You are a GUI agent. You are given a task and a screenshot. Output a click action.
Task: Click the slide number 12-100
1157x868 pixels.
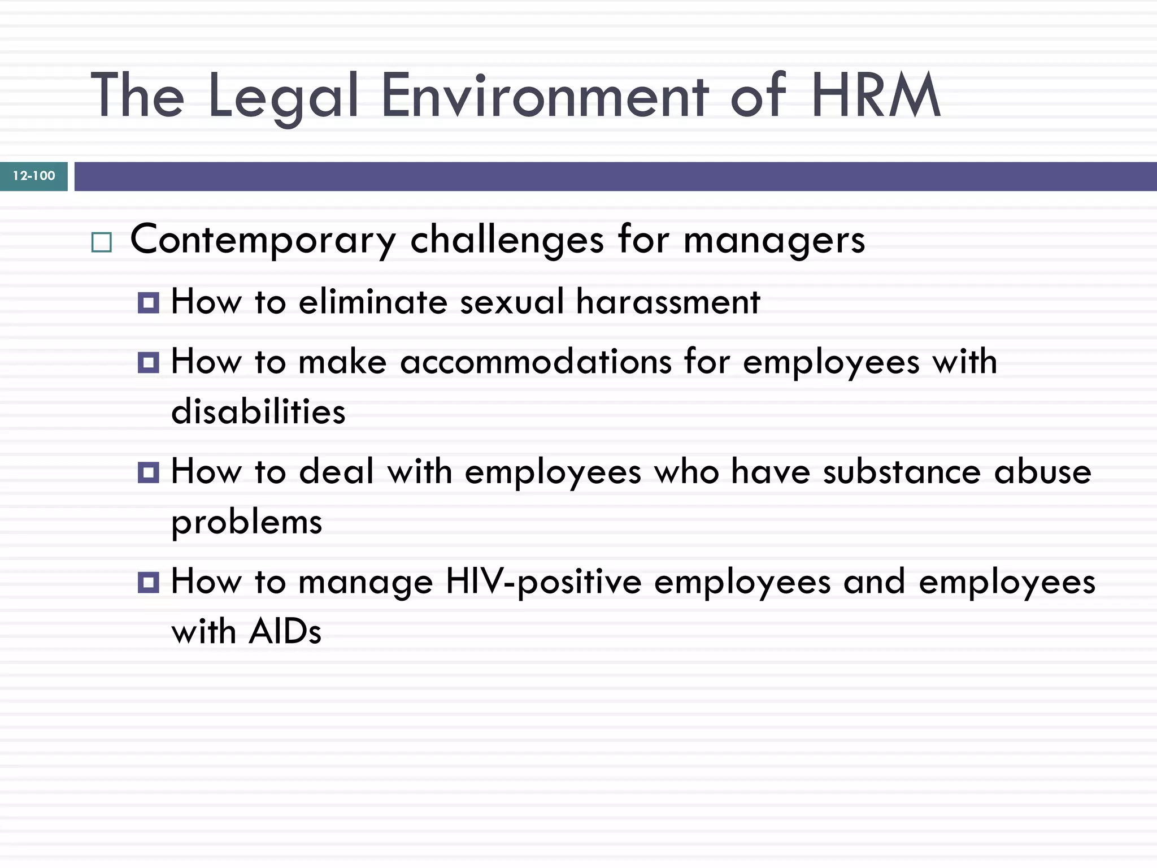34,176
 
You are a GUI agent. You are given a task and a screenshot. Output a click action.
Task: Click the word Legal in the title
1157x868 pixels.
284,96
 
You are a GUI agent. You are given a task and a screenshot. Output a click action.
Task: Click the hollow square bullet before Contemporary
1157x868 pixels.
102,242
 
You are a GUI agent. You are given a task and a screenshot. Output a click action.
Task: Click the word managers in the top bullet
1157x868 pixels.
774,240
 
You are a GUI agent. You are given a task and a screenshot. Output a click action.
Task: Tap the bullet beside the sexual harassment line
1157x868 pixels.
149,303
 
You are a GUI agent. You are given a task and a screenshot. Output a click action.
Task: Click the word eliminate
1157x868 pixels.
373,301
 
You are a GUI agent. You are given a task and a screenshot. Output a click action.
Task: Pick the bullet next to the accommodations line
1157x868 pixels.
149,362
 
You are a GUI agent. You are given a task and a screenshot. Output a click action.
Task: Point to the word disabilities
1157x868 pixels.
258,411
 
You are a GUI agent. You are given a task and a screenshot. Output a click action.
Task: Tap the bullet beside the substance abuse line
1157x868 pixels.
149,472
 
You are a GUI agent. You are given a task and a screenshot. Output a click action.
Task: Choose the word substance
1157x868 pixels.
902,472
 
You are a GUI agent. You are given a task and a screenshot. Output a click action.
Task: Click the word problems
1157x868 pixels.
247,522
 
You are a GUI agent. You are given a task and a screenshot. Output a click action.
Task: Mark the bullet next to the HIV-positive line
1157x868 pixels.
149,582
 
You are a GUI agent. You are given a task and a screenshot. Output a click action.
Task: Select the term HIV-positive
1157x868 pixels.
543,582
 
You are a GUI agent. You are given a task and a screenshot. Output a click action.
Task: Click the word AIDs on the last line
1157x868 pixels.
285,631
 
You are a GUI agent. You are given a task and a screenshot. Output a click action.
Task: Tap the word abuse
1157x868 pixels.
1042,472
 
